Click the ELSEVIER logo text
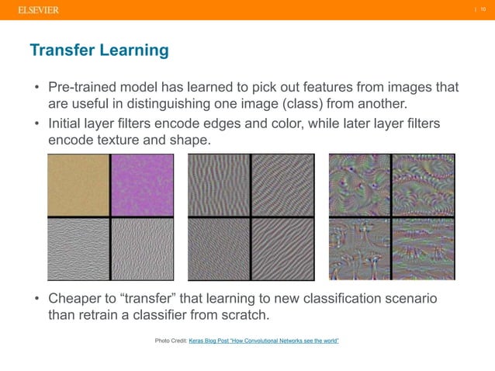tap(38, 9)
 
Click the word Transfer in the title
tap(63, 51)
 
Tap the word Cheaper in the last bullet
tap(78, 299)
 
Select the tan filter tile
tap(78, 185)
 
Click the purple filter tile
tap(143, 185)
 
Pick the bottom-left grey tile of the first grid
tap(78, 248)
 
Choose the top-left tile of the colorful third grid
tap(359, 185)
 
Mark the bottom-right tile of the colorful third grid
tap(424, 248)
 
